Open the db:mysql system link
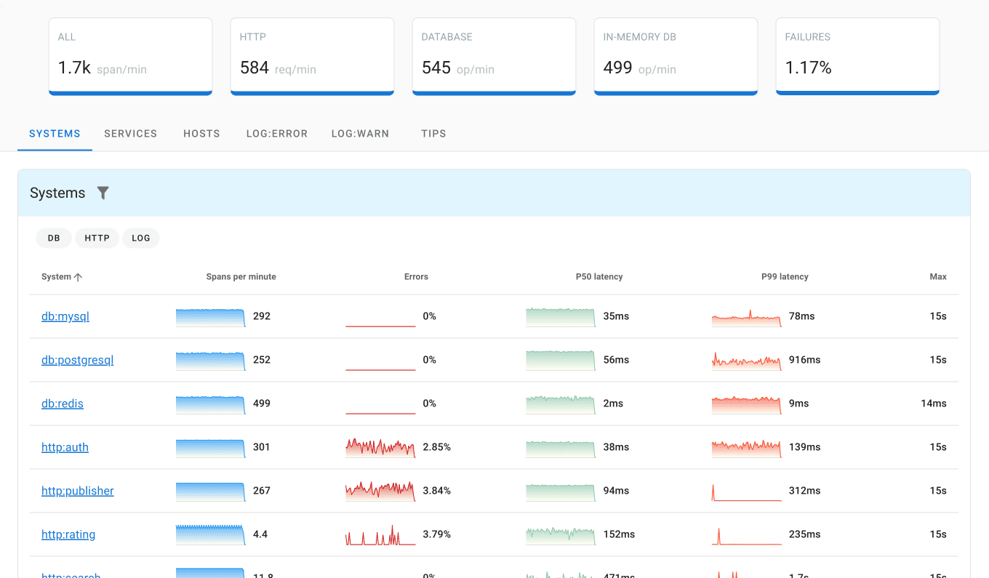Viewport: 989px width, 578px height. tap(65, 316)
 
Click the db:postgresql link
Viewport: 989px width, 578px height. tap(78, 360)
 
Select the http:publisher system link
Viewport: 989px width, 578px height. tap(78, 491)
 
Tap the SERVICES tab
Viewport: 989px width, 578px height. tap(131, 134)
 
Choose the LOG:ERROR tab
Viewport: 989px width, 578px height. tap(277, 134)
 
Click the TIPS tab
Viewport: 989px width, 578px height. tap(433, 134)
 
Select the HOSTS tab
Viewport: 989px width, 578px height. tap(201, 134)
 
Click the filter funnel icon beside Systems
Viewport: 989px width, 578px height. tap(103, 193)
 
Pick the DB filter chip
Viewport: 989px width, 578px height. tap(54, 238)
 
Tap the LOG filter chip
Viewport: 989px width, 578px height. tap(141, 238)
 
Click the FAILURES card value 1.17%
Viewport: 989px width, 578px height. tap(809, 68)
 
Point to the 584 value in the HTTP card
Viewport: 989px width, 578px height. tap(255, 68)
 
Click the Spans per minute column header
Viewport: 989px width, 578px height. tap(241, 277)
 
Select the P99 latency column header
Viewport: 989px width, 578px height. tap(785, 277)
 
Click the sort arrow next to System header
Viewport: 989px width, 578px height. tap(79, 277)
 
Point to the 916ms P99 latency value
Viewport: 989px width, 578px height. tap(804, 360)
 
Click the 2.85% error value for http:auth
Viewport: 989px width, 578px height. tap(437, 447)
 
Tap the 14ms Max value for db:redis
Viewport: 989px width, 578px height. tap(933, 404)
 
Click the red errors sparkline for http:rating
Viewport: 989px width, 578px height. tap(380, 536)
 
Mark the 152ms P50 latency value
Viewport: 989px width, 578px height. tap(619, 534)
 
